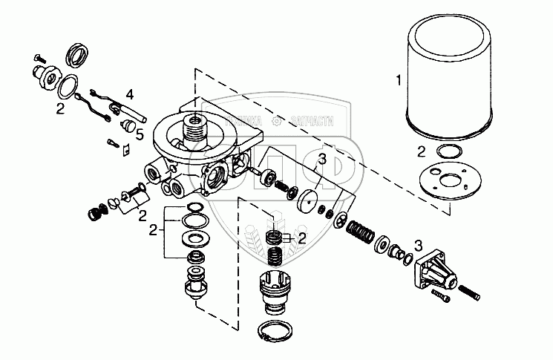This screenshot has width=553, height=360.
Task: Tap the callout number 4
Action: [129, 94]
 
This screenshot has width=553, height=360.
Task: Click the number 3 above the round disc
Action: [321, 159]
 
